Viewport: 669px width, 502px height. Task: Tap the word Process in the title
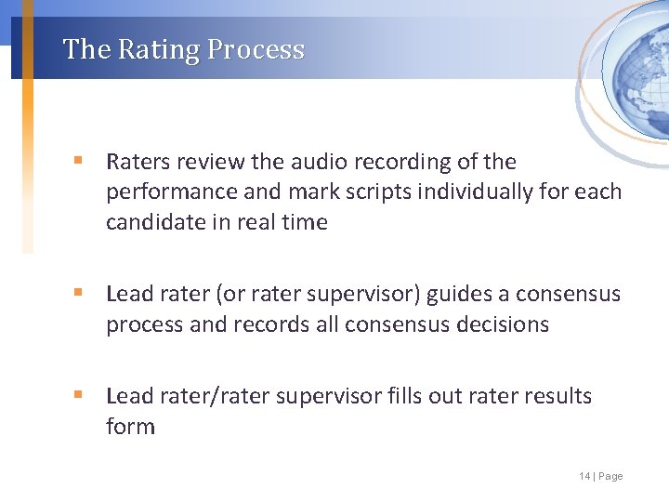[x=256, y=49]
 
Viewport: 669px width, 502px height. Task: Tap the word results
[x=556, y=396]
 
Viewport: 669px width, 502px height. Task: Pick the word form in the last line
[x=130, y=427]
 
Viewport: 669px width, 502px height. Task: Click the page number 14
[x=584, y=476]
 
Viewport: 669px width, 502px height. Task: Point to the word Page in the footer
[x=610, y=476]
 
